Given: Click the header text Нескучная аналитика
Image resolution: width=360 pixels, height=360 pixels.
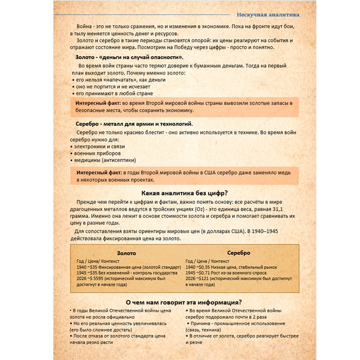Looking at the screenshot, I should (268, 14).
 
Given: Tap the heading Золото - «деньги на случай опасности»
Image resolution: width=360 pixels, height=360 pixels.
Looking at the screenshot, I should (129, 57).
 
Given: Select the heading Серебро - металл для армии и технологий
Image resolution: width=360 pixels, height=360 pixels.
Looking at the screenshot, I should (135, 124).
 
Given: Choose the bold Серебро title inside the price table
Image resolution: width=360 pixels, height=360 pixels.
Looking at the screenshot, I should (238, 253).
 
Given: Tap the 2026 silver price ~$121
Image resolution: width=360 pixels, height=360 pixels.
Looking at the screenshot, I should (206, 279).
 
